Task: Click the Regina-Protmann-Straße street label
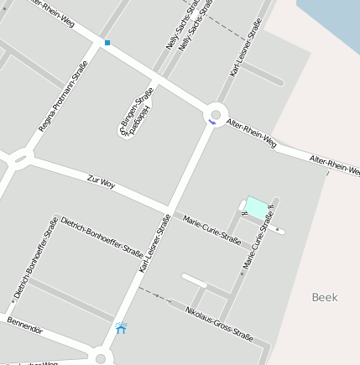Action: point(63,96)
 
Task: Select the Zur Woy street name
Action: point(101,181)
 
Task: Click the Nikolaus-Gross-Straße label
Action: point(219,323)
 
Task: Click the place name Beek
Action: point(324,297)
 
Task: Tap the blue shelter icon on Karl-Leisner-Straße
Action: point(121,328)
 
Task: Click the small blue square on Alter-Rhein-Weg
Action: point(107,42)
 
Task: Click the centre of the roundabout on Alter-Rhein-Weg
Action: point(216,114)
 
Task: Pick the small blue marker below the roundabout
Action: point(211,123)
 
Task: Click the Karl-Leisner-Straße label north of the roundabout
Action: point(246,48)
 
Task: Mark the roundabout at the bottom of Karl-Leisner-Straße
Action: point(101,358)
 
